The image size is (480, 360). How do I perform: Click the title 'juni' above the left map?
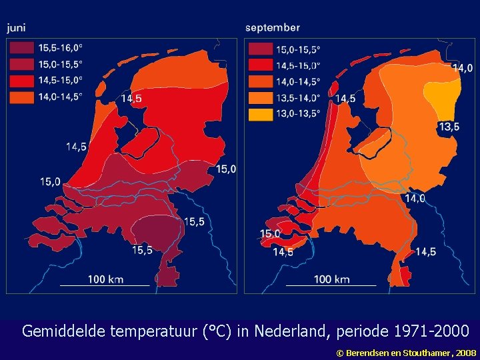point(17,27)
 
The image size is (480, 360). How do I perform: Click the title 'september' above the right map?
point(272,27)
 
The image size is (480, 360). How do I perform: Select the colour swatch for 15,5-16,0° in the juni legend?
point(22,48)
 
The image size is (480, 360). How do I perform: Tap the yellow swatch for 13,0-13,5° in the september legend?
point(261,114)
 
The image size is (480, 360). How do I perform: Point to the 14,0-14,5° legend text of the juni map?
point(61,97)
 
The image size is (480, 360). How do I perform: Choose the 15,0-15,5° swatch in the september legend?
point(261,49)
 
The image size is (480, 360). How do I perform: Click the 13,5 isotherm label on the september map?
point(448,127)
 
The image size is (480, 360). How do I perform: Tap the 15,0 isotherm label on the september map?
point(270,234)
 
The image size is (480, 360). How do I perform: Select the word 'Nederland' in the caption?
point(286,331)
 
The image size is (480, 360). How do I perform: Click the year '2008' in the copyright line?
point(465,351)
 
